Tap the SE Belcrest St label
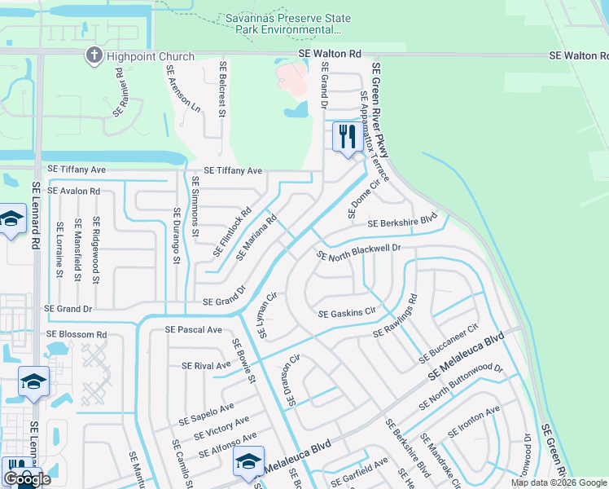[x=221, y=87]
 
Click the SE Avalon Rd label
[x=74, y=191]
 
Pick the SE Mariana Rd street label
[x=257, y=237]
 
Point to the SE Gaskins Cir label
[x=346, y=313]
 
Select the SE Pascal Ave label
[x=193, y=330]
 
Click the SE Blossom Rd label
[x=77, y=334]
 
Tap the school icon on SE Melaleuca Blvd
[x=248, y=462]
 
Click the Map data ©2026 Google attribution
[x=559, y=482]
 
